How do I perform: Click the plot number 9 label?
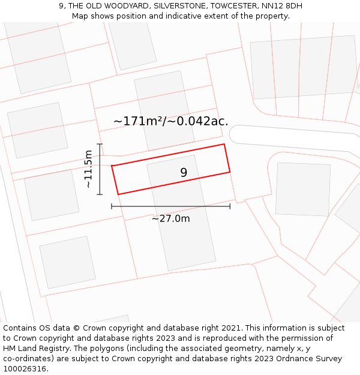click(x=184, y=173)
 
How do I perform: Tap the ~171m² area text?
click(x=137, y=121)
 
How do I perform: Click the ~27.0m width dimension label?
click(x=170, y=218)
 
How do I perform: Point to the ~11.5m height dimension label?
click(x=88, y=169)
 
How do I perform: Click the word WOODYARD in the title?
click(x=126, y=6)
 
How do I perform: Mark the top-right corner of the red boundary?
click(x=224, y=144)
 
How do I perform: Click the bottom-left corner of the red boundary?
click(x=118, y=194)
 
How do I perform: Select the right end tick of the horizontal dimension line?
click(x=230, y=206)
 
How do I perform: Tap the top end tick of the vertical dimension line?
click(x=100, y=144)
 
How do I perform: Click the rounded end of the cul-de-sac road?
click(x=235, y=134)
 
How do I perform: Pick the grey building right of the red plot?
click(x=302, y=188)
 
